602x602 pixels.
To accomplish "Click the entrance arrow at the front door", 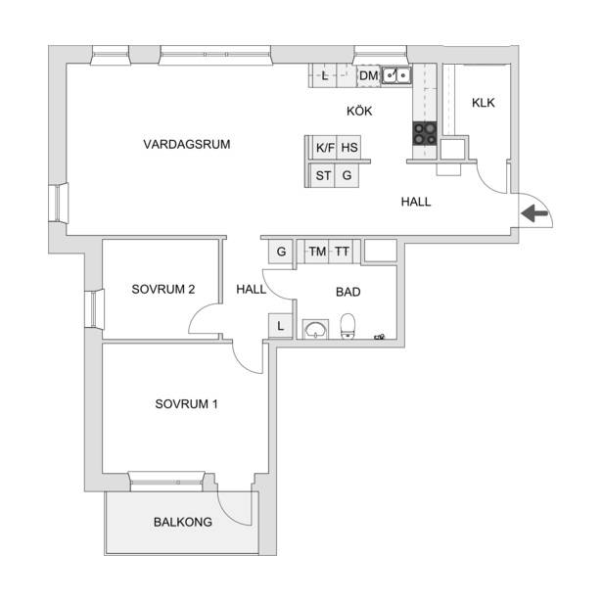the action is click(534, 213).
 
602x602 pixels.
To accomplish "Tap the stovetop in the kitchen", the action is click(425, 133).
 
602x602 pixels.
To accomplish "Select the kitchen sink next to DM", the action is click(395, 75).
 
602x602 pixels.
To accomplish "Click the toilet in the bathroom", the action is click(347, 326).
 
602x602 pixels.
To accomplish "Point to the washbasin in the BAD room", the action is click(315, 329).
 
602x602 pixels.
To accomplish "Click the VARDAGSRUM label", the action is click(187, 144).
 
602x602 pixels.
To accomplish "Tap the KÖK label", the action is click(359, 111).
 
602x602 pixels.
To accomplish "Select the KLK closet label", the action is click(483, 103).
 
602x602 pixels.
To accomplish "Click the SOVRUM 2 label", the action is click(163, 289).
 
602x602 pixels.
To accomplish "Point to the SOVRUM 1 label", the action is click(186, 404).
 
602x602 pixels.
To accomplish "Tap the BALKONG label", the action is click(183, 522).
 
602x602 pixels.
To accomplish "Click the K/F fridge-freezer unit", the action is click(325, 148).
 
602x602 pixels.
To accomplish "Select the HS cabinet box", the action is click(348, 148).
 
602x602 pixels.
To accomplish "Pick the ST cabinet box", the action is click(322, 175).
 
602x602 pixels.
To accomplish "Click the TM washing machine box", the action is click(317, 252).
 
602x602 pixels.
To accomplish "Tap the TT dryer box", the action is click(341, 252).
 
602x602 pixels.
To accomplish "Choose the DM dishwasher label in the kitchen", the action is click(369, 75).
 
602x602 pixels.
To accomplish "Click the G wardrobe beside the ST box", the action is click(347, 175).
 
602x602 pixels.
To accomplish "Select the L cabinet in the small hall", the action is click(280, 326).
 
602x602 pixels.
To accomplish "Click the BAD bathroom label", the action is click(347, 292).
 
